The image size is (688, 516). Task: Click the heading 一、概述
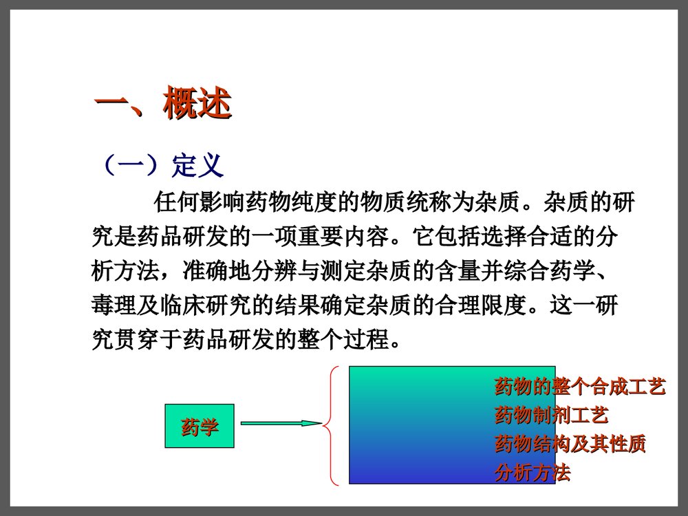point(162,105)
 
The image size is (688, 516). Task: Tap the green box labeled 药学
point(199,427)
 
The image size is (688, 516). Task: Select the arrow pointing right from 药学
point(281,423)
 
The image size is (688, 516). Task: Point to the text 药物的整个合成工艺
point(579,387)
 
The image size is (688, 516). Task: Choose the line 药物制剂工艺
point(551,416)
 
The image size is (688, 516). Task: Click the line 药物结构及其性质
point(570,444)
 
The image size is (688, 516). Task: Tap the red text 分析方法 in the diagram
point(532,473)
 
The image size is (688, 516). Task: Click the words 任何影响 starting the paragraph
point(199,203)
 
